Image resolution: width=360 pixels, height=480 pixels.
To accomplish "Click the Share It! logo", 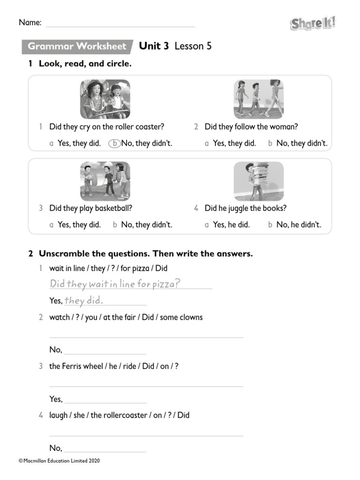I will coord(313,23).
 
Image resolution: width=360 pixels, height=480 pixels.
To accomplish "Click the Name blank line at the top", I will coord(120,23).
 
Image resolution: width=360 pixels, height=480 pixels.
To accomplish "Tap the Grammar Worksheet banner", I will coord(77,46).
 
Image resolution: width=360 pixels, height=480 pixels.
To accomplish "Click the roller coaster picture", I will coord(105,99).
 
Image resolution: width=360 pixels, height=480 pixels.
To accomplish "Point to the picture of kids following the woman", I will coord(258,99).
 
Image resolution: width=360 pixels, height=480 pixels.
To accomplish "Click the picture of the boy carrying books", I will coord(258,181).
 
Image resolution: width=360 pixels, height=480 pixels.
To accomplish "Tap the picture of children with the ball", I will coord(105,181).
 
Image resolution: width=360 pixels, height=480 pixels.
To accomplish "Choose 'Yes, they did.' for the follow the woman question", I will coord(234,143).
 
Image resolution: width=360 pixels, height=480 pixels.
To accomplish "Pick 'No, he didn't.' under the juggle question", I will coord(299,225).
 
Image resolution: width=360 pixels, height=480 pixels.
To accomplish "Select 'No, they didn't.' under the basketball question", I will coord(146,225).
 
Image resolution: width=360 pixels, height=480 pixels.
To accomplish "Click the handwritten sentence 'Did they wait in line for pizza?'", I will coord(115,284).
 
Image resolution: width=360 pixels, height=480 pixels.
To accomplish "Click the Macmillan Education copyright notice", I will coord(59,461).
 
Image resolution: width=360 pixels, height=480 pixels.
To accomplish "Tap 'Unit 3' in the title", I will coord(154,46).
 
